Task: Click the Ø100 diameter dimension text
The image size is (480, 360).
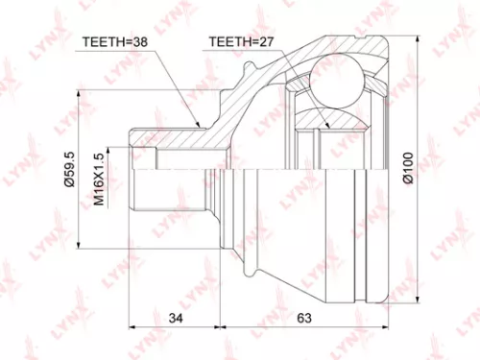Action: [408, 169]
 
